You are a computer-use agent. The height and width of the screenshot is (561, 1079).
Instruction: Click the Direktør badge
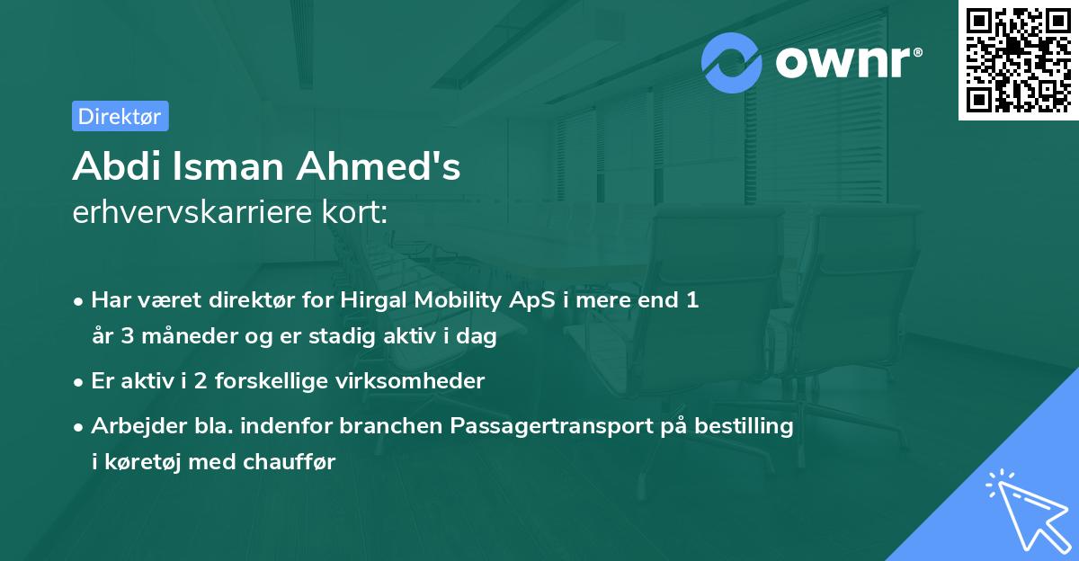tap(120, 116)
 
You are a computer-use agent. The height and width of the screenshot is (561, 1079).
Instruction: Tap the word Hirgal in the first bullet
tap(372, 300)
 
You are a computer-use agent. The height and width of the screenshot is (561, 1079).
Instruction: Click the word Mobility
tap(452, 300)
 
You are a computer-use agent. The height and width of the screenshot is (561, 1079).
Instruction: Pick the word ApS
tap(523, 300)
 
